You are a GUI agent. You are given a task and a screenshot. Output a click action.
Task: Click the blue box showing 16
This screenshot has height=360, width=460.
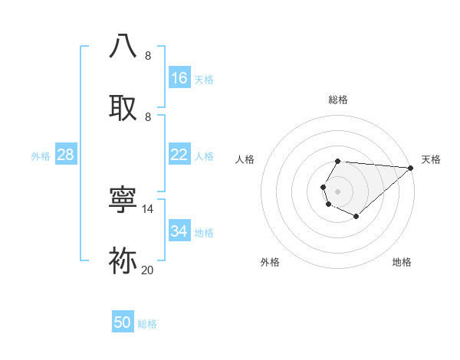(x=179, y=78)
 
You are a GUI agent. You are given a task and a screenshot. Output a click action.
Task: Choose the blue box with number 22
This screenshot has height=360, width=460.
(x=179, y=155)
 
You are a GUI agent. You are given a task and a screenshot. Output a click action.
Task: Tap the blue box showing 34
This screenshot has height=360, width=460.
(x=179, y=231)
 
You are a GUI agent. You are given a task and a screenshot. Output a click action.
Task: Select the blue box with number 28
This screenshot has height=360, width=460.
(x=66, y=155)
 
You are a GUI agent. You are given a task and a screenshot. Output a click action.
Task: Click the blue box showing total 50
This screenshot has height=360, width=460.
(x=123, y=322)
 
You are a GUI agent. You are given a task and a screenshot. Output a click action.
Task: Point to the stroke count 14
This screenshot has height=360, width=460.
(x=148, y=208)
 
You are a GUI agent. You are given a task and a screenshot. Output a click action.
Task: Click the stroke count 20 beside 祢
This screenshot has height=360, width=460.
(x=148, y=270)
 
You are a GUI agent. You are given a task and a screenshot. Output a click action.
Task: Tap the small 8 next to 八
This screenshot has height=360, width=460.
(x=148, y=56)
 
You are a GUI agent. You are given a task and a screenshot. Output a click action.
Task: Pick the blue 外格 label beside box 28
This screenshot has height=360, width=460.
(x=41, y=156)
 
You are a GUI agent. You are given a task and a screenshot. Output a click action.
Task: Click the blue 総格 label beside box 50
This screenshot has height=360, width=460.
(x=147, y=324)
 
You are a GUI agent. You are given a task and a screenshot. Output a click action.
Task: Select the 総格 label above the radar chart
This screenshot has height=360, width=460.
(x=338, y=100)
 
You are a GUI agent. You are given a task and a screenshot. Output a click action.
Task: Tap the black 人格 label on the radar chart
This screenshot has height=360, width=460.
(x=245, y=159)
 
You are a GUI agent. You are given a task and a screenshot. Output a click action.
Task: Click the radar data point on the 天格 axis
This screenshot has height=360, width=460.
(x=410, y=168)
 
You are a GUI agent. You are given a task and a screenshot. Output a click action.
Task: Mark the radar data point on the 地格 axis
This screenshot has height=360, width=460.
(x=356, y=217)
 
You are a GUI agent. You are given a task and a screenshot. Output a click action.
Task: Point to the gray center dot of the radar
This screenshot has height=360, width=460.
(x=337, y=191)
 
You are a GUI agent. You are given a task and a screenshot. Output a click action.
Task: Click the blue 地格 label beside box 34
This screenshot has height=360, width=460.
(x=204, y=233)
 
